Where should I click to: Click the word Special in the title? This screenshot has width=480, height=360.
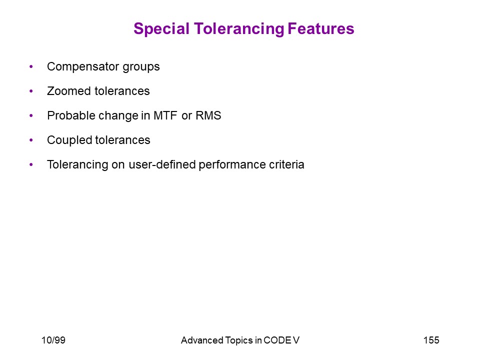(x=161, y=29)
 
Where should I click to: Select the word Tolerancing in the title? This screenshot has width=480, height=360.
(x=239, y=29)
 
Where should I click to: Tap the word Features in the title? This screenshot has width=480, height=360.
(x=321, y=29)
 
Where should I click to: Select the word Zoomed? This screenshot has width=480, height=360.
(x=69, y=91)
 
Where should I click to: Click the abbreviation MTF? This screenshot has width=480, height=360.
(x=165, y=115)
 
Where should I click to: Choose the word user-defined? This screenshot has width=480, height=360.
(x=162, y=164)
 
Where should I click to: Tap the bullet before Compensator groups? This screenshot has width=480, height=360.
(x=31, y=66)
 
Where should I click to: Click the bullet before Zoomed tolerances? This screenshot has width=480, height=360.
(x=31, y=91)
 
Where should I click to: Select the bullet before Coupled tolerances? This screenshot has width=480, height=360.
(x=31, y=140)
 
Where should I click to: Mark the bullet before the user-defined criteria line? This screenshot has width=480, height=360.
(x=31, y=164)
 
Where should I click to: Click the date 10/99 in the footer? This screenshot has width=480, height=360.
(x=53, y=340)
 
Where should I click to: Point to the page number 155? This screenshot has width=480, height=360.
(x=431, y=340)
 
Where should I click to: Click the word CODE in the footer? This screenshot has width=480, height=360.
(x=277, y=340)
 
